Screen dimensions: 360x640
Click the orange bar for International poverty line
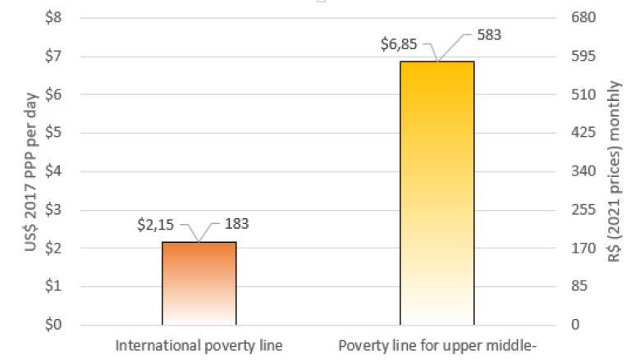click(x=199, y=283)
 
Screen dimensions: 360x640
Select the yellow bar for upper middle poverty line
click(x=437, y=193)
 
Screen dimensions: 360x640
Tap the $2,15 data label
click(x=155, y=222)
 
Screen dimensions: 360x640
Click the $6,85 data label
click(x=398, y=43)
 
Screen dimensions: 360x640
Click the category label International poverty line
click(x=199, y=345)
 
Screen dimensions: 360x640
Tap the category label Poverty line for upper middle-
click(x=437, y=345)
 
